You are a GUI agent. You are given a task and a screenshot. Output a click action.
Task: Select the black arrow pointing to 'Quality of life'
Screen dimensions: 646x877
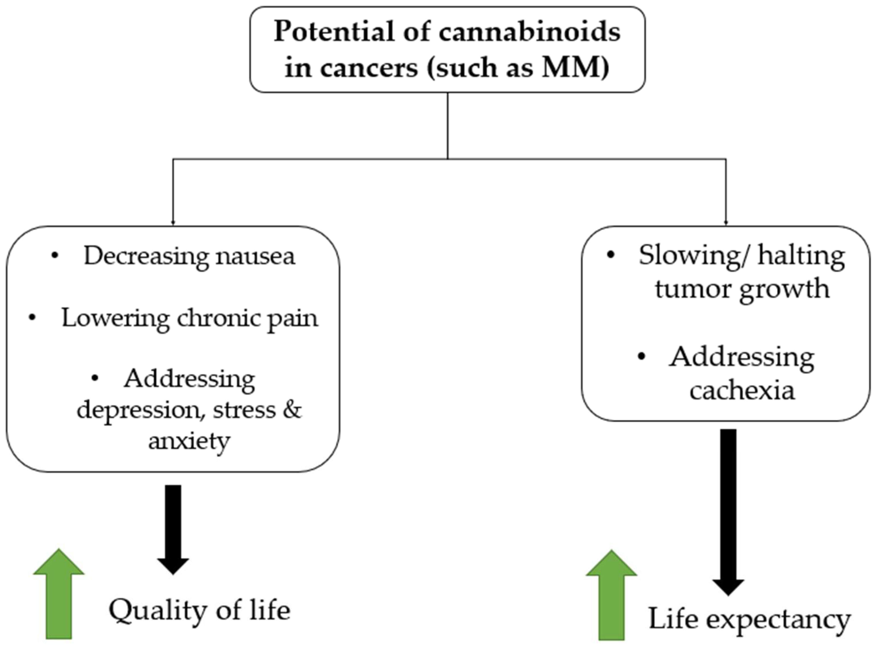tap(173, 528)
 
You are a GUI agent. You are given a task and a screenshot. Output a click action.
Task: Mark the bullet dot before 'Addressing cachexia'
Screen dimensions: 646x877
tap(641, 357)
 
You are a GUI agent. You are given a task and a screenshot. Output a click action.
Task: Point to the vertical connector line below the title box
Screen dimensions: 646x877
tap(448, 125)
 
